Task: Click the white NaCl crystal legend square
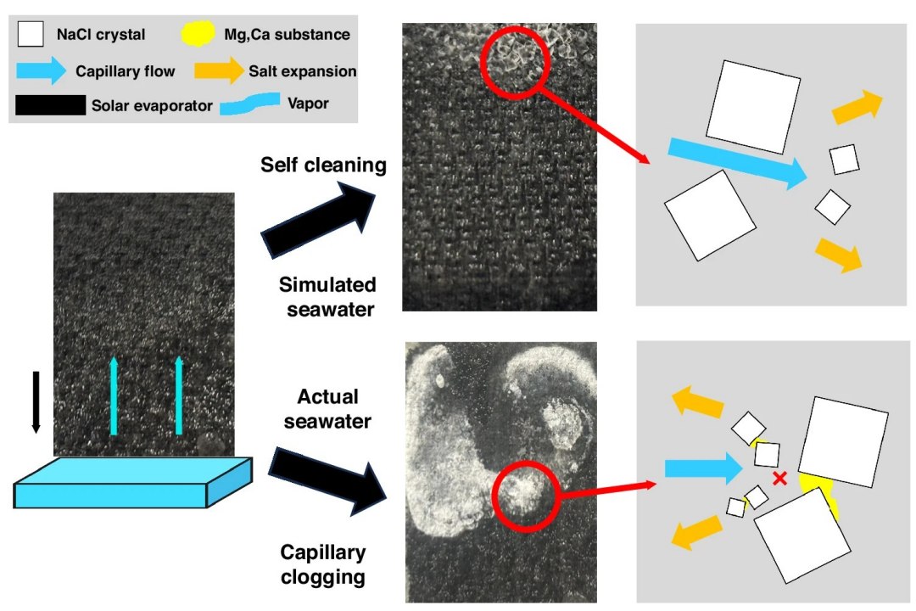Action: coord(31,34)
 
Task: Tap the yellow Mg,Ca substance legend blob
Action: coord(198,33)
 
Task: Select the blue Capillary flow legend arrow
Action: coord(41,70)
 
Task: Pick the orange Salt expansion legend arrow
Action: coord(219,70)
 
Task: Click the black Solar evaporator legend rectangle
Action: coord(50,105)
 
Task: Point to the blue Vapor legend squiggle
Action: coord(250,104)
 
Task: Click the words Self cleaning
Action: coord(323,165)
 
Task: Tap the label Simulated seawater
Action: coord(327,296)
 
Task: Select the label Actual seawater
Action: coord(327,409)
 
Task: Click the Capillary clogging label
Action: coord(323,564)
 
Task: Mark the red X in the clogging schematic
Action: coord(779,479)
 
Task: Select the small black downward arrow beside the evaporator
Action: coord(36,402)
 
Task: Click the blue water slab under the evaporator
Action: coord(132,482)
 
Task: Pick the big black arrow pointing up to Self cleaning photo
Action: coord(318,219)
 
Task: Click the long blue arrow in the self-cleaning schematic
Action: coord(738,163)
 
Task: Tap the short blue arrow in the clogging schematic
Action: coord(704,468)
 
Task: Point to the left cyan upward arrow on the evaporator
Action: coord(114,396)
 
